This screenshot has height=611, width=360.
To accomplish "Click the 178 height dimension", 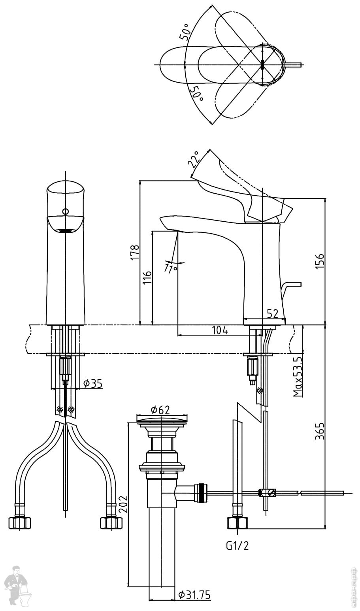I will pyautogui.click(x=135, y=252).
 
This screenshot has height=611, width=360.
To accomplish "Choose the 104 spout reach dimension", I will pyautogui.click(x=220, y=330).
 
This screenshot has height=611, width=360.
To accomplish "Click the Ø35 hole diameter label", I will pyautogui.click(x=93, y=383).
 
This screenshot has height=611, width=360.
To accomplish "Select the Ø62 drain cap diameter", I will pyautogui.click(x=161, y=410).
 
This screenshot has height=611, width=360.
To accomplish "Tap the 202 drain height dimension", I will pyautogui.click(x=123, y=504).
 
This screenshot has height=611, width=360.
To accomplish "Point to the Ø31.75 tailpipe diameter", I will pyautogui.click(x=194, y=594).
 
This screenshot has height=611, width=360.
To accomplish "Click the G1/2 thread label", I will pyautogui.click(x=237, y=546).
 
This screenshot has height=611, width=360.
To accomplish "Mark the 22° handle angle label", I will pyautogui.click(x=194, y=159).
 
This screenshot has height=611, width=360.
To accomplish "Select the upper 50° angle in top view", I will pyautogui.click(x=184, y=32).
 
